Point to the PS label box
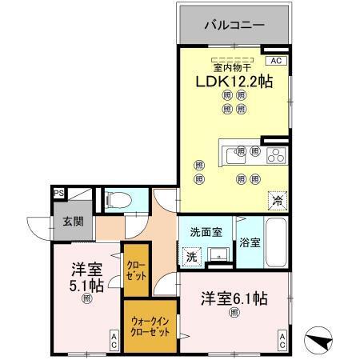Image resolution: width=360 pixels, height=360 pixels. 58,193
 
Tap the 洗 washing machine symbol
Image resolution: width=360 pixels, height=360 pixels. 192,257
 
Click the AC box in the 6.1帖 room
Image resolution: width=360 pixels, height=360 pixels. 282,342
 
